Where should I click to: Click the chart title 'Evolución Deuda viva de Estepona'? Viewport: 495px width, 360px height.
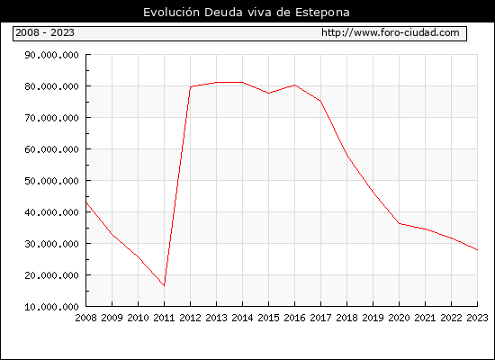(x=247, y=13)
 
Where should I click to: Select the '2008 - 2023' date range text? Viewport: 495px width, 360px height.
(x=45, y=32)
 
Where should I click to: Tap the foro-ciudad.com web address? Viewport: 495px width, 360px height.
(x=391, y=32)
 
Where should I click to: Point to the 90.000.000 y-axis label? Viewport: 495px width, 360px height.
(x=51, y=55)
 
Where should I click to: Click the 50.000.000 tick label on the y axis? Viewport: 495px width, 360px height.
(x=51, y=181)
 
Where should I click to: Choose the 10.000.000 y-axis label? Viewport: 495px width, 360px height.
(x=51, y=307)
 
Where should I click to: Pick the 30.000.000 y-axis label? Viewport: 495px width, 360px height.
(x=51, y=244)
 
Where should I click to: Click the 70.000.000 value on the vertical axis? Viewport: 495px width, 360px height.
(x=51, y=118)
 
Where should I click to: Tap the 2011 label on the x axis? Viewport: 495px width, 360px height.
(x=164, y=318)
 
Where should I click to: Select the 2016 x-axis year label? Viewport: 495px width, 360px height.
(x=294, y=318)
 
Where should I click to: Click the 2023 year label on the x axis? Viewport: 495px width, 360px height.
(x=477, y=318)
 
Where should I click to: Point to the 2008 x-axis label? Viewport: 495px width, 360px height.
(x=85, y=318)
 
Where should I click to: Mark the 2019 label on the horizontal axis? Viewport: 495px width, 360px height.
(x=373, y=318)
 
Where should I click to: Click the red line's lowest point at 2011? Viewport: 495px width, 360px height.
(x=164, y=286)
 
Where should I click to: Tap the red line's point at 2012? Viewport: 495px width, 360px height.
(x=191, y=86)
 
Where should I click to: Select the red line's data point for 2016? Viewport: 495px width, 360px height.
(x=294, y=85)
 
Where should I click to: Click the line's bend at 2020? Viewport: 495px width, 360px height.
(x=399, y=223)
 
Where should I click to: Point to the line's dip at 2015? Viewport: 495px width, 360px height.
(x=269, y=94)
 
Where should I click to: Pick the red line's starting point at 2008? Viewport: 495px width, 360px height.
(x=86, y=202)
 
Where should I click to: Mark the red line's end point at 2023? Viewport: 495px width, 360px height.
(x=477, y=250)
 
